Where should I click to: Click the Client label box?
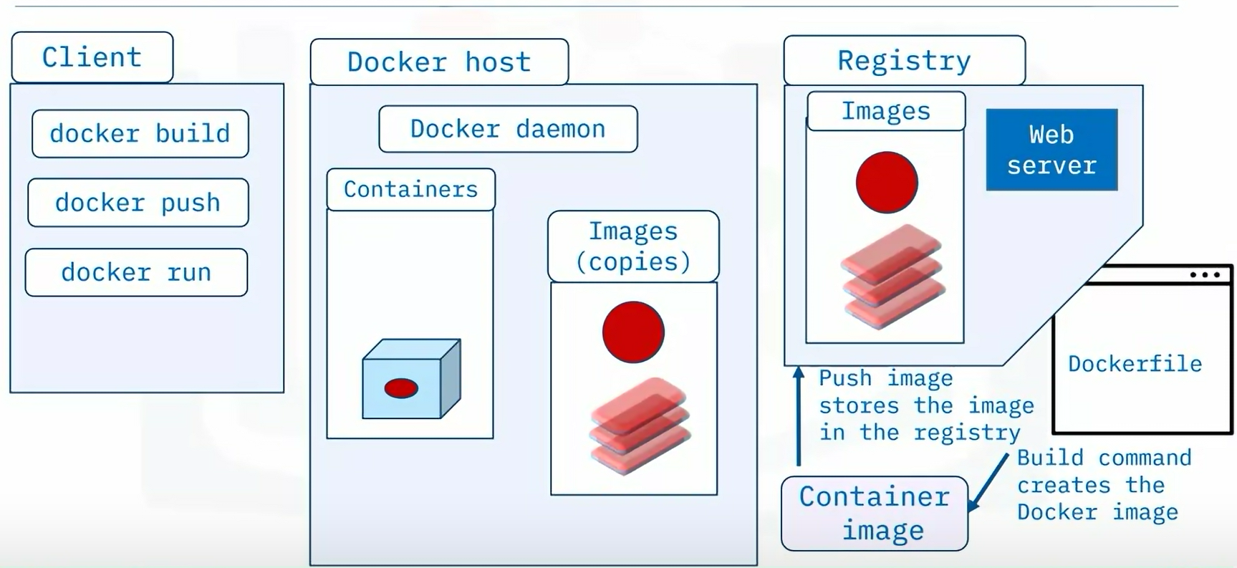click(92, 57)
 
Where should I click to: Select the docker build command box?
click(140, 134)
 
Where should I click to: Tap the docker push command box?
click(138, 203)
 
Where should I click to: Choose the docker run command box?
click(136, 272)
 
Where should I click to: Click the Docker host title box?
click(439, 62)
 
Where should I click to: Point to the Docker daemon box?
click(508, 129)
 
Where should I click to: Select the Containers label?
click(410, 189)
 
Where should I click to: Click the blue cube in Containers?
click(411, 379)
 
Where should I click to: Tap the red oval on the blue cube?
click(401, 388)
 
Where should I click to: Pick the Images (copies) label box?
click(633, 246)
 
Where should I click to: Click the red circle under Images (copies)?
click(633, 332)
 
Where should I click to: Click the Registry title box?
click(904, 61)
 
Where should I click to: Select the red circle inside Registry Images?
click(887, 182)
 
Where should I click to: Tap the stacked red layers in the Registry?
click(892, 276)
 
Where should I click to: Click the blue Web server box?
click(1051, 150)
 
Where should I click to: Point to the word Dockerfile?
click(1135, 364)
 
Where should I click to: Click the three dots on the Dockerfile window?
click(1205, 275)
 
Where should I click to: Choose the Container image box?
click(875, 514)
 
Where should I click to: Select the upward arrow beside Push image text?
click(799, 415)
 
